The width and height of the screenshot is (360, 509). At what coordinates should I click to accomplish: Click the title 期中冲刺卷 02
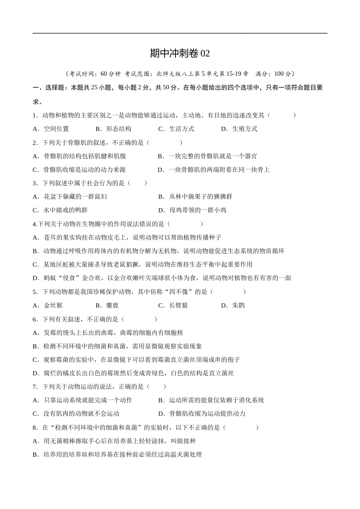pyautogui.click(x=180, y=53)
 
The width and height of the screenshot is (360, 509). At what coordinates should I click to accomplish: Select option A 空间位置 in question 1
pyautogui.click(x=51, y=129)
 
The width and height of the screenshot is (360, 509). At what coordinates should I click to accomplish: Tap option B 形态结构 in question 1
pyautogui.click(x=114, y=129)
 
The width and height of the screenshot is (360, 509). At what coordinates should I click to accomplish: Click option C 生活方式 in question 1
pyautogui.click(x=177, y=129)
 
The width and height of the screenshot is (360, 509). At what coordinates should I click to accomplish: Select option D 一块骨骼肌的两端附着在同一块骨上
pyautogui.click(x=214, y=170)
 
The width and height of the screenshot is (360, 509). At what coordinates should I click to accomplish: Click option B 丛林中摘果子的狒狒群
pyautogui.click(x=196, y=197)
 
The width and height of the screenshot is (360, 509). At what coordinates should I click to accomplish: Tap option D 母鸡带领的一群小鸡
pyautogui.click(x=193, y=210)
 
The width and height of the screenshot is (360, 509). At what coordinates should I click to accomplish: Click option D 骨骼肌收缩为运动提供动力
pyautogui.click(x=202, y=414)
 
